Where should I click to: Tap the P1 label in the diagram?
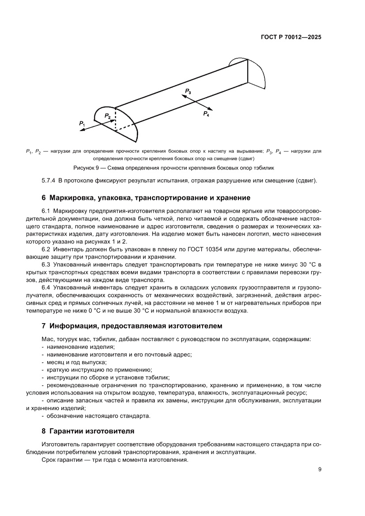coord(82,123)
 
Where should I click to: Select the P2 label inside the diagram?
coord(107,116)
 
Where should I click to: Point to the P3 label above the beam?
coord(188,91)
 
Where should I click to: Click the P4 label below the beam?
coord(206,114)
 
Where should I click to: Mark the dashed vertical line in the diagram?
coord(115,119)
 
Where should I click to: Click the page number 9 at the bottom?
coord(320,469)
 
